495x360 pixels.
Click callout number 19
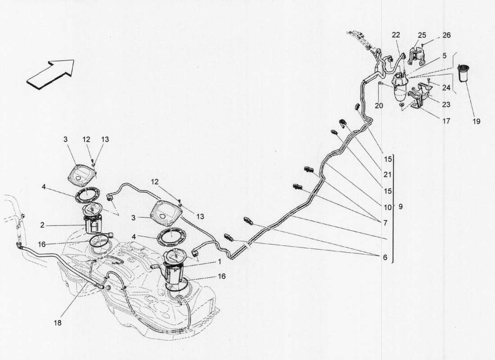click(x=476, y=121)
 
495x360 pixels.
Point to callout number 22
click(x=396, y=35)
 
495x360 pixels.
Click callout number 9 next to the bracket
click(x=400, y=207)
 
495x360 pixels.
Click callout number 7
click(x=385, y=223)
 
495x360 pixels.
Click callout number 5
click(x=444, y=56)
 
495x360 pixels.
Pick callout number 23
click(x=445, y=104)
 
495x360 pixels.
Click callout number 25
click(x=421, y=35)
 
